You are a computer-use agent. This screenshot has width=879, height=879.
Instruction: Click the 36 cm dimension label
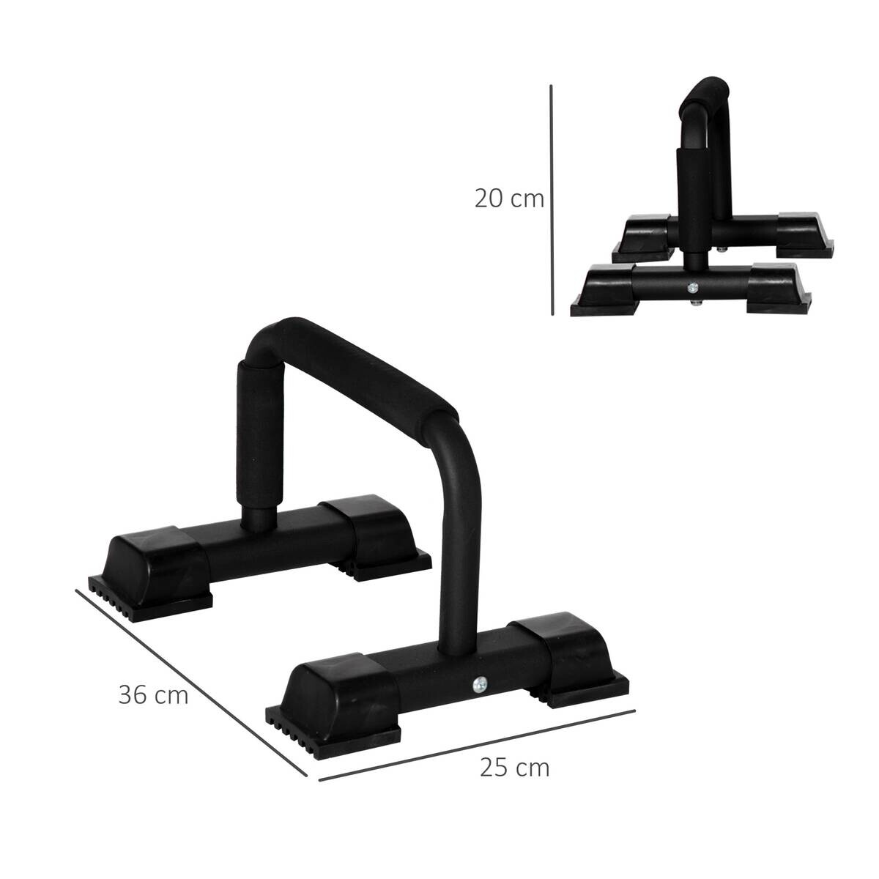(x=153, y=694)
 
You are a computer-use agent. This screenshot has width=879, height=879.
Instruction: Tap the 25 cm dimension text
(x=514, y=768)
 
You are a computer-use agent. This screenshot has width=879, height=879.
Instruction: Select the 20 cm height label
(x=509, y=199)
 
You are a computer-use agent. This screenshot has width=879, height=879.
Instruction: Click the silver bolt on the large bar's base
(x=479, y=684)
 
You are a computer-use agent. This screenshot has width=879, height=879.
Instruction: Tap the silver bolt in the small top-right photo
(x=691, y=288)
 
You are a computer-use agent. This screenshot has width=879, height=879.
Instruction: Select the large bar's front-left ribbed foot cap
(x=337, y=700)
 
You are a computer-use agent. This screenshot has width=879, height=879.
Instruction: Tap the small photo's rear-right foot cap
(x=802, y=234)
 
